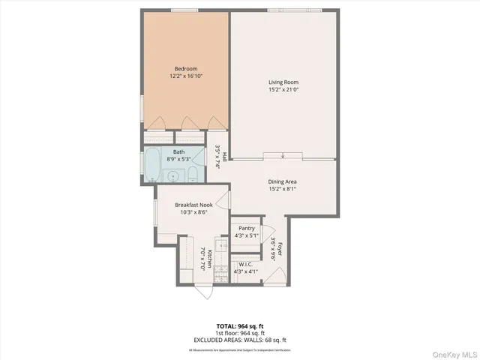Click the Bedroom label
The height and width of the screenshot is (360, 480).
187,69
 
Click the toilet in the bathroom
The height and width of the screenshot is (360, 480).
193,175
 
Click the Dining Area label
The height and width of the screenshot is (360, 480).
283,181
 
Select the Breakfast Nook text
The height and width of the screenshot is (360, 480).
194,205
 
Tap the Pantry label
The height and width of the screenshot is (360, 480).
247,228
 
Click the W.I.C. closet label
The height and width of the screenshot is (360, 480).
247,264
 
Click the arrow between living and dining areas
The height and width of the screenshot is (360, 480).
283,156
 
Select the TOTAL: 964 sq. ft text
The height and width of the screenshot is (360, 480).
239,326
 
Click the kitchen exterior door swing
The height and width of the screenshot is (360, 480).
202,292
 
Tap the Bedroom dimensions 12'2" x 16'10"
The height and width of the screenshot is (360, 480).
187,76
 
